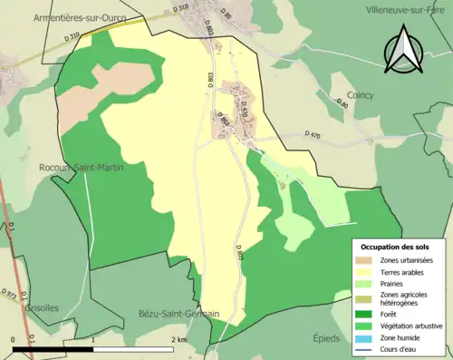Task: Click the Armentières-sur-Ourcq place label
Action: [72, 17]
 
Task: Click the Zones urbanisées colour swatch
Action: [367, 236]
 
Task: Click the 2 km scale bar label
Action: [178, 339]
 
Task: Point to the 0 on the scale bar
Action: [14, 339]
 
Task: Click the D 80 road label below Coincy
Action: [342, 105]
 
